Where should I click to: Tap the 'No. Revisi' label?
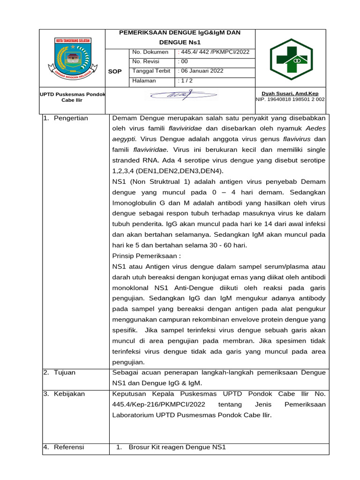coord(146,61)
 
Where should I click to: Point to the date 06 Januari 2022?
coord(201,71)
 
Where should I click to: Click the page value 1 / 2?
coord(186,81)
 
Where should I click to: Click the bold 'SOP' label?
coord(115,71)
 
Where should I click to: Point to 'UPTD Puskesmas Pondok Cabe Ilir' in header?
coord(73,97)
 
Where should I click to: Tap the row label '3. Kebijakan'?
coord(64,394)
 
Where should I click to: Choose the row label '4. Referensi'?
coord(64,447)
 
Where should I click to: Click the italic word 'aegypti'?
coord(124,139)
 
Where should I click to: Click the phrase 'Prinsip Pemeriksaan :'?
coord(146,256)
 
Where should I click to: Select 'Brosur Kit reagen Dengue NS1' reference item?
coord(177,447)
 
